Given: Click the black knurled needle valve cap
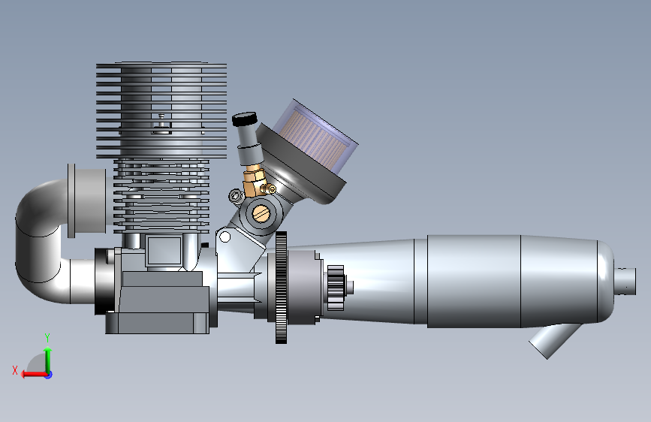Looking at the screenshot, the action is (x=245, y=119).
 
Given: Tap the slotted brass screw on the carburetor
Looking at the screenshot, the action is (x=261, y=213).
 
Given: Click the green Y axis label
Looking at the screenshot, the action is (x=47, y=338).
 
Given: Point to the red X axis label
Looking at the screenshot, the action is (x=15, y=370).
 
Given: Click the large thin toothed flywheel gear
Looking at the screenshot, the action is (x=281, y=288).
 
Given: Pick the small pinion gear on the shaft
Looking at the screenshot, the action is (x=336, y=288).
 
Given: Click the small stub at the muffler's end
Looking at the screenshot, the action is (x=625, y=281).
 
